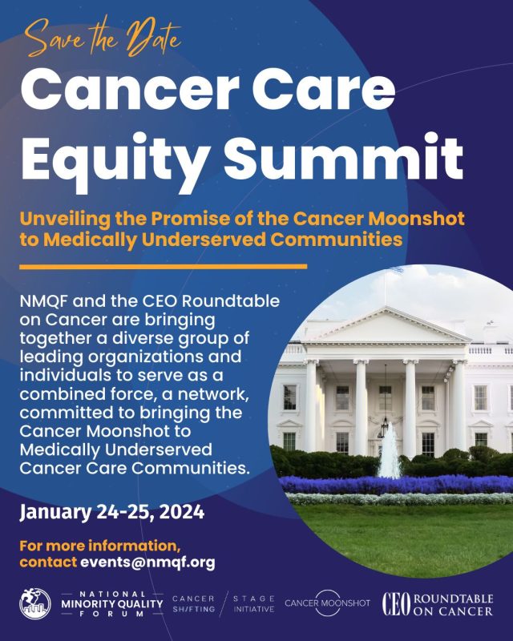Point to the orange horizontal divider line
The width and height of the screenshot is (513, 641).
click(x=164, y=266)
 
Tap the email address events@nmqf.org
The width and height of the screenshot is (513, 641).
click(x=147, y=562)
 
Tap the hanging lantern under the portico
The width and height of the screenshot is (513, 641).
click(x=385, y=425)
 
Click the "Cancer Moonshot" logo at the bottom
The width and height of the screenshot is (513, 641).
click(x=326, y=602)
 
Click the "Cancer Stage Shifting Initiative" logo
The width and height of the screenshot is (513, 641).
click(x=224, y=603)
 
